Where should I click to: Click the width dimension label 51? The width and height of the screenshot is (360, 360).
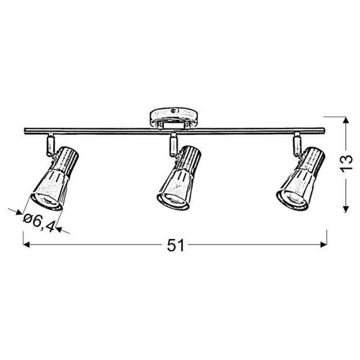pyautogui.click(x=175, y=245)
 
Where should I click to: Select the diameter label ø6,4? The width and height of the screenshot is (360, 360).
pyautogui.click(x=39, y=222)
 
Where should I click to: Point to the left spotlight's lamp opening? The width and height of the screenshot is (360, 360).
pyautogui.click(x=47, y=202)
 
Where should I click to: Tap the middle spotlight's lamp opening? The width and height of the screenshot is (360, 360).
pyautogui.click(x=173, y=202)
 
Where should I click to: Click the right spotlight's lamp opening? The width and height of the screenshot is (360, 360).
pyautogui.click(x=292, y=200)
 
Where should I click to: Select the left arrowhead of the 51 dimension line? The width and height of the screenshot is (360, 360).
pyautogui.click(x=26, y=244)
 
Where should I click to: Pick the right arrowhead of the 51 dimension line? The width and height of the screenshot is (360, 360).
pyautogui.click(x=323, y=244)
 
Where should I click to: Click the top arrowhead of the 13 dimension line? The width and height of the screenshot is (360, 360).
pyautogui.click(x=346, y=120)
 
